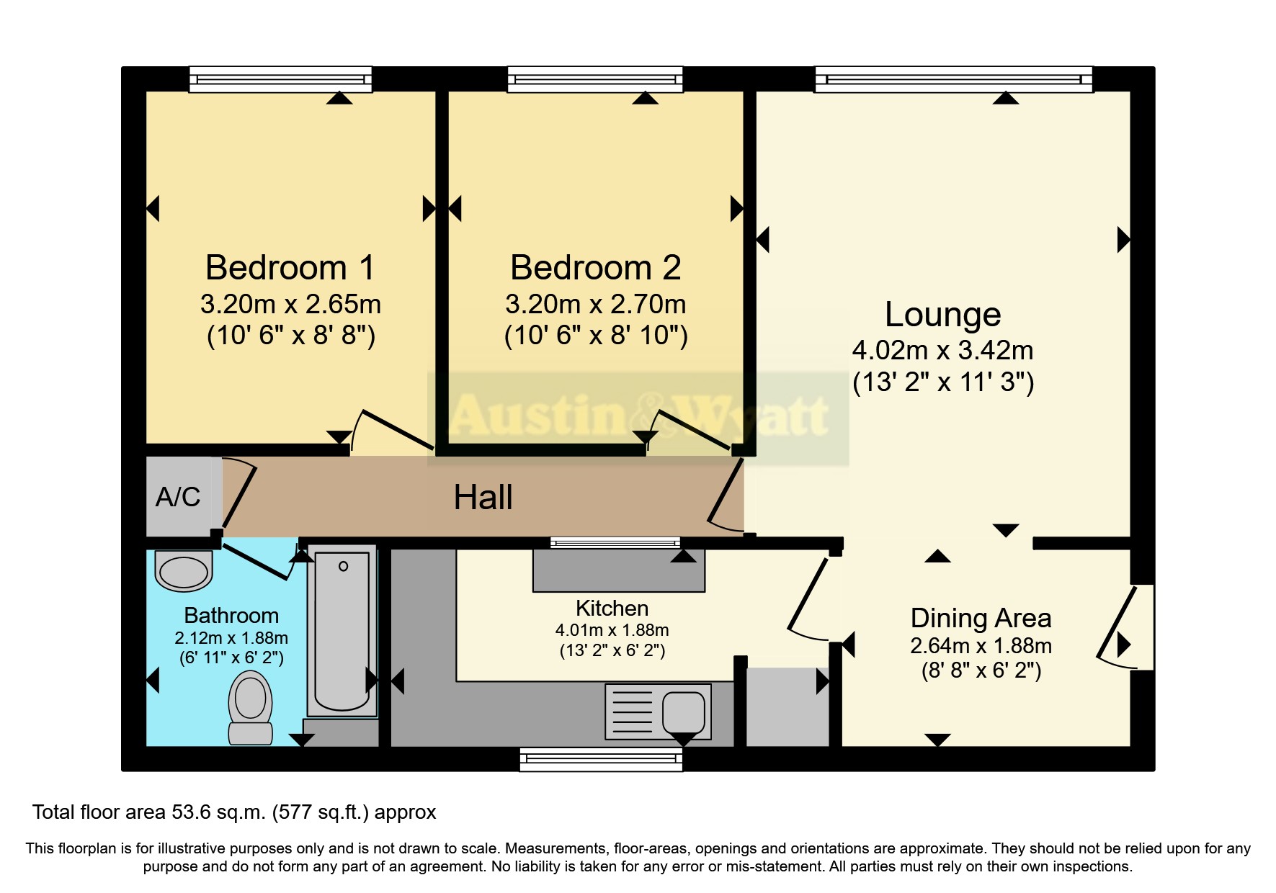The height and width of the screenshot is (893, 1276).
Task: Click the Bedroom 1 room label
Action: coord(290,268)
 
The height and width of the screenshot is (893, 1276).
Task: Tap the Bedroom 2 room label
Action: coord(596,268)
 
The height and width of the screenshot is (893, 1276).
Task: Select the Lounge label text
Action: coord(942,315)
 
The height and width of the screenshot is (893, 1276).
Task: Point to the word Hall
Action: coord(483,498)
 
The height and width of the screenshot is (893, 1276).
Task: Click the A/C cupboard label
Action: coord(178,497)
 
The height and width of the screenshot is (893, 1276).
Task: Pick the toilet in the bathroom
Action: coord(250,706)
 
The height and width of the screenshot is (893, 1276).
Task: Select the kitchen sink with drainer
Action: coord(658,712)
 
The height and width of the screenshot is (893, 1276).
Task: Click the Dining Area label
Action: coord(981,618)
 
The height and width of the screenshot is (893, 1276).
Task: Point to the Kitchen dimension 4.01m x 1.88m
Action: coord(612,630)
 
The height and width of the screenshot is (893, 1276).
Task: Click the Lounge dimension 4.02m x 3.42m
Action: coord(942,351)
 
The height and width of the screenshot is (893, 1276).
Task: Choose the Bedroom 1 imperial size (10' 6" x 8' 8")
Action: coord(290,336)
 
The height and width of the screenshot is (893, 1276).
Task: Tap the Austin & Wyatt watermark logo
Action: coord(638,416)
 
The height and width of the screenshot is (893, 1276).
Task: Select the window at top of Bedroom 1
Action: coord(280,79)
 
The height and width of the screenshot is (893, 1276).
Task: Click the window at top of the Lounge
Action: coord(953,79)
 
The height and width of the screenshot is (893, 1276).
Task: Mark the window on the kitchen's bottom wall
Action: coord(601,759)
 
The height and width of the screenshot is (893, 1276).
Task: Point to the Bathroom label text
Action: coord(231,616)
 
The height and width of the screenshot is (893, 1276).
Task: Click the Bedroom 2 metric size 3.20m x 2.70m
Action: coord(596,305)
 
